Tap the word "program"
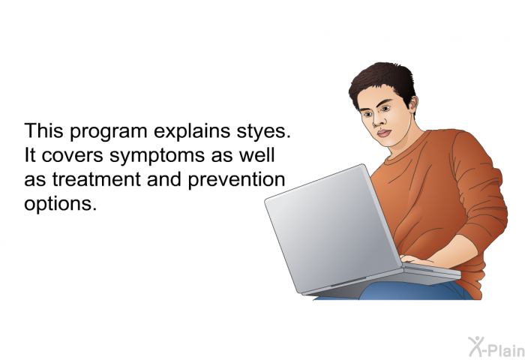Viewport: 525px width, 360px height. [108, 131]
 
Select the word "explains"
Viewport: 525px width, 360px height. [192, 131]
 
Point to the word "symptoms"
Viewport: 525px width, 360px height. [157, 156]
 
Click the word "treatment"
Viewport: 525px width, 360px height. [96, 179]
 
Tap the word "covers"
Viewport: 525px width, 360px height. [72, 156]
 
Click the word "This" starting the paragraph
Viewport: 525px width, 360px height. [43, 130]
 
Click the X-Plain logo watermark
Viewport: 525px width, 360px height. [496, 347]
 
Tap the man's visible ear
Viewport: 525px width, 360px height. [414, 104]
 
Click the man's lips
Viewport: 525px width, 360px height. [384, 133]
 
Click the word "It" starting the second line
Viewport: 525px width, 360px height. [29, 155]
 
